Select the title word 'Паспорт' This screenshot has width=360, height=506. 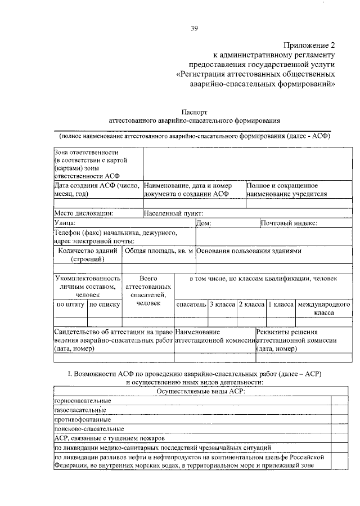193,112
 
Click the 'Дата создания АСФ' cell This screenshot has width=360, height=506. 97,189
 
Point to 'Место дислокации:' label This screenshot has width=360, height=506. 84,213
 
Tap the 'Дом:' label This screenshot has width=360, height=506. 204,223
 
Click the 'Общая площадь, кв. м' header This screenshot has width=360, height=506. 159,251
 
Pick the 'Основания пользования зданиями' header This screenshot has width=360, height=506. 249,251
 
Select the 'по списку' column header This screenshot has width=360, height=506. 105,305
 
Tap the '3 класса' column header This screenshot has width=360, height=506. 222,304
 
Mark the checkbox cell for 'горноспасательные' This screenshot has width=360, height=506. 340,400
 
